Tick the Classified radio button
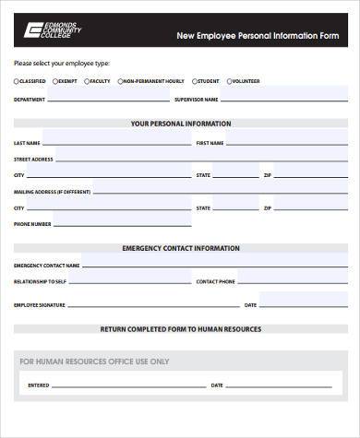pos(17,81)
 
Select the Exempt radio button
pos(54,81)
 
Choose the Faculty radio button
pos(86,81)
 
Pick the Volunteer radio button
pos(227,81)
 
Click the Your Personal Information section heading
pos(181,123)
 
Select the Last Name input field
pos(115,142)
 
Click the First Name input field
pos(286,142)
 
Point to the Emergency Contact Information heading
pos(181,248)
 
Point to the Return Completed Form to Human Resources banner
pos(181,328)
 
